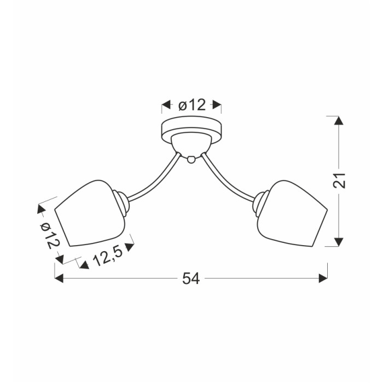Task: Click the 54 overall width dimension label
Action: point(191,278)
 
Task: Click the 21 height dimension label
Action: point(339,181)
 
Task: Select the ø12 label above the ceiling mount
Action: point(192,105)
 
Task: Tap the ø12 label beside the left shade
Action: point(50,236)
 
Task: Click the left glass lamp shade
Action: point(90,213)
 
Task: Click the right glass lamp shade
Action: point(292,213)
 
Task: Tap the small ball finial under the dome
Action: point(191,160)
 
